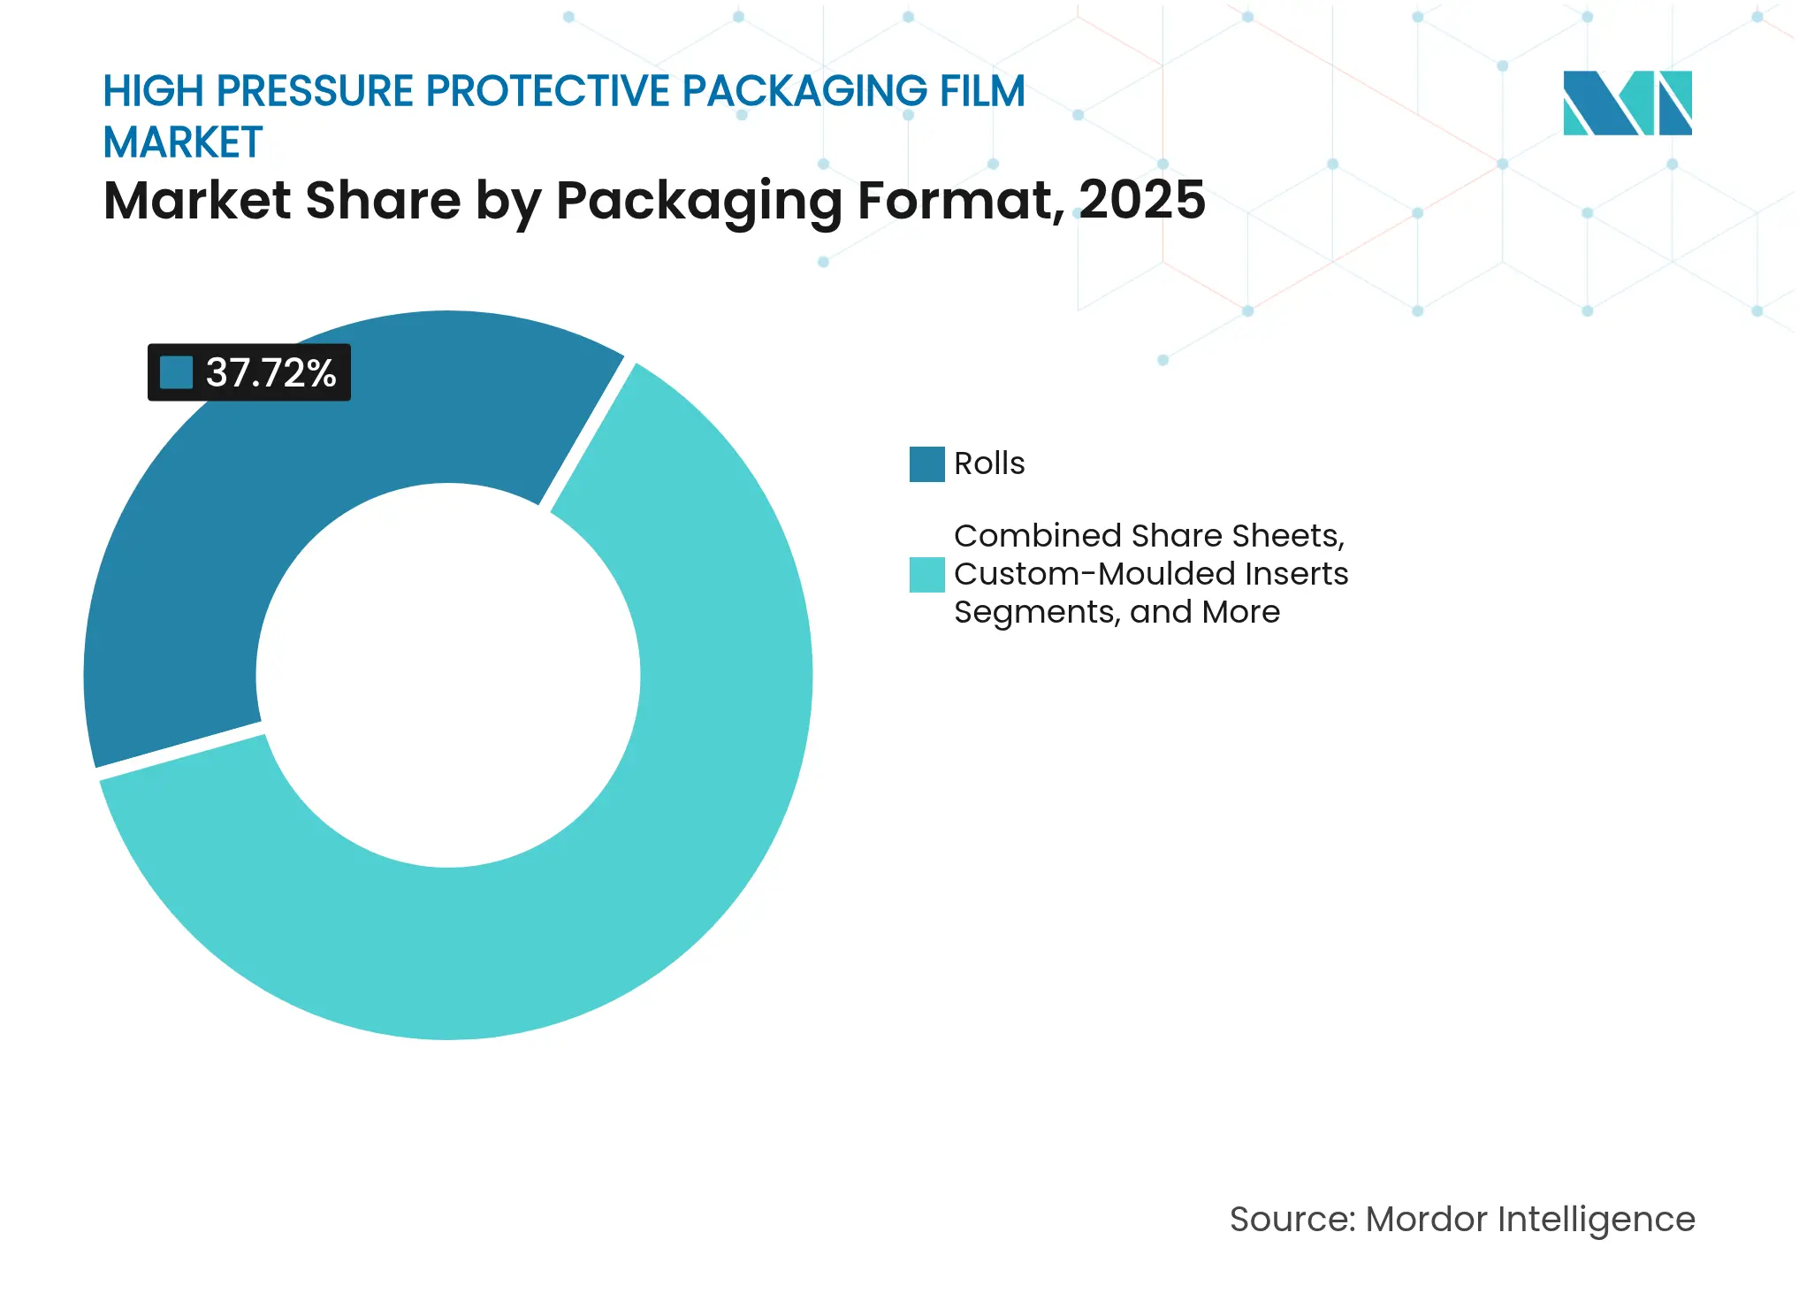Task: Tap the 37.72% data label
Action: click(x=249, y=372)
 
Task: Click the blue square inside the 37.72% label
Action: click(x=176, y=372)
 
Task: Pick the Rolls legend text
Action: click(x=988, y=463)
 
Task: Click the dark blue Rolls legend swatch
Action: click(x=926, y=464)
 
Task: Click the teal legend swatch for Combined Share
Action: click(x=926, y=574)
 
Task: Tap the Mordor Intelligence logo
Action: click(x=1627, y=103)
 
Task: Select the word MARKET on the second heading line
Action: click(x=183, y=143)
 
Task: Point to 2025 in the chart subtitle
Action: click(x=1141, y=200)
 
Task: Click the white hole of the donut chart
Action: click(x=448, y=675)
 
